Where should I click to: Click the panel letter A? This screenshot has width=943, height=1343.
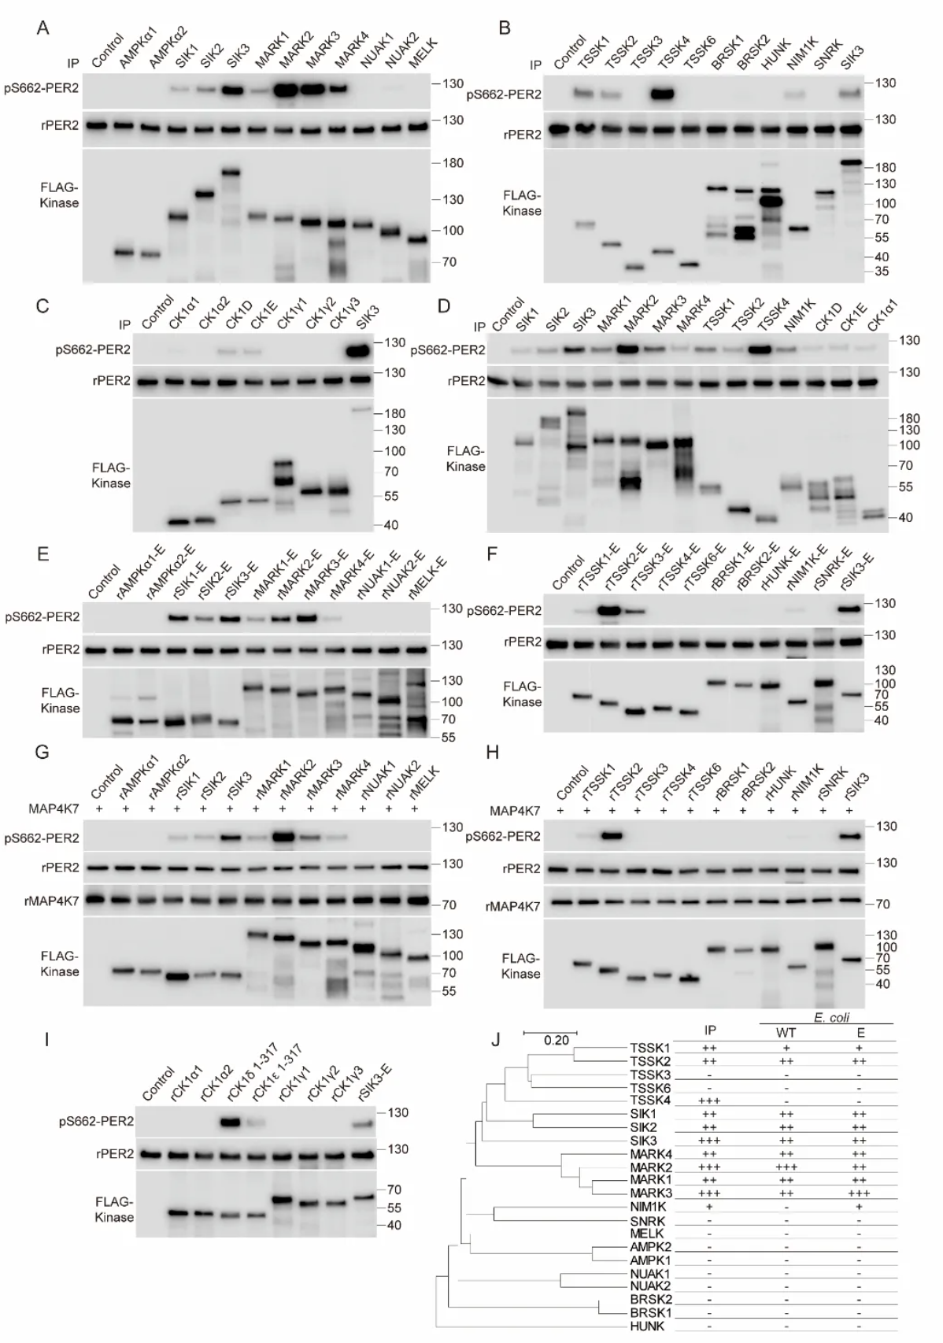[x=43, y=29]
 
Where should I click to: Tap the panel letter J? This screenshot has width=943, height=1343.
[x=496, y=1040]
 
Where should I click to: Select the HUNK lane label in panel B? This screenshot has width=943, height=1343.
[x=774, y=54]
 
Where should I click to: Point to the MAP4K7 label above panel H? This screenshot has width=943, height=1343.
[x=515, y=811]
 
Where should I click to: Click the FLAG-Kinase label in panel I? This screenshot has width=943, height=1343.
[x=113, y=1209]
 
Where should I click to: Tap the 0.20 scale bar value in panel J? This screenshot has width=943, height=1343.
[x=556, y=1041]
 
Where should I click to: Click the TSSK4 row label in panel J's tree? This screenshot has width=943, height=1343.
[x=649, y=1100]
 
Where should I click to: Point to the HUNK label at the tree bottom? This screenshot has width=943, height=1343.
[x=648, y=1326]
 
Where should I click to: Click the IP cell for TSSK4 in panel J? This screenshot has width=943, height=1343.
[x=708, y=1100]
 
